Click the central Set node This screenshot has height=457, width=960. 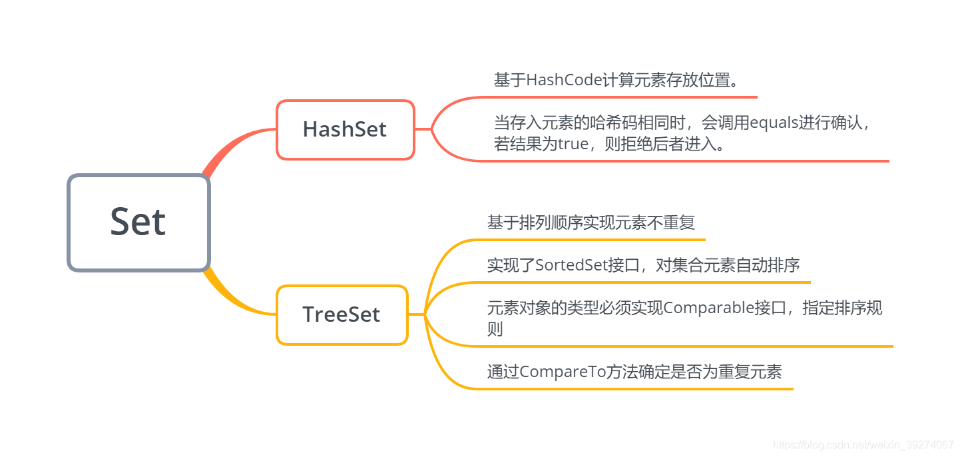coord(138,223)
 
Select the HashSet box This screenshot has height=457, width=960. coord(345,129)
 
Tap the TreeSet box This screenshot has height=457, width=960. coord(342,314)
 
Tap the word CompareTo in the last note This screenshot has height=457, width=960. coord(562,372)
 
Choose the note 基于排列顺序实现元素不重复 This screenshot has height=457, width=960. coord(591,223)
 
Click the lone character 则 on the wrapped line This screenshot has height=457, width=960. coord(495,329)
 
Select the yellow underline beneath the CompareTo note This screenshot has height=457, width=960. coord(632,388)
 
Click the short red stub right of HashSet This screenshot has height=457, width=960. coord(423,129)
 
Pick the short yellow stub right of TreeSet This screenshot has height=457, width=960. coord(415,314)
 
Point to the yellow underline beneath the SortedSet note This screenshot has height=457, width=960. coord(639,282)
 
